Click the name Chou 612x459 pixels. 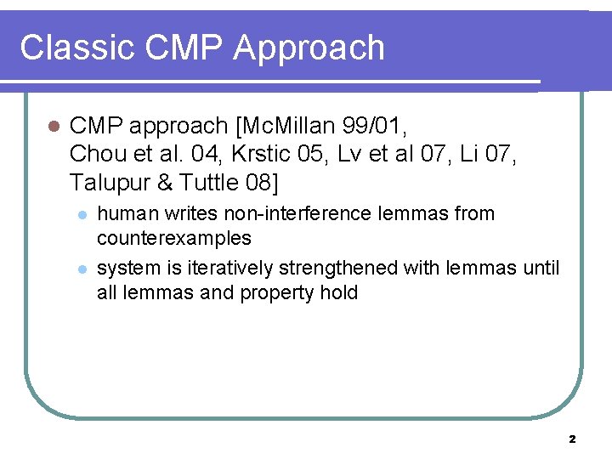point(96,155)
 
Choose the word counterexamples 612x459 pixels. point(174,237)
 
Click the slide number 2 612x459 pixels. point(571,439)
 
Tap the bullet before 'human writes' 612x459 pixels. point(82,214)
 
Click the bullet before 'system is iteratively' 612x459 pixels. point(82,269)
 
